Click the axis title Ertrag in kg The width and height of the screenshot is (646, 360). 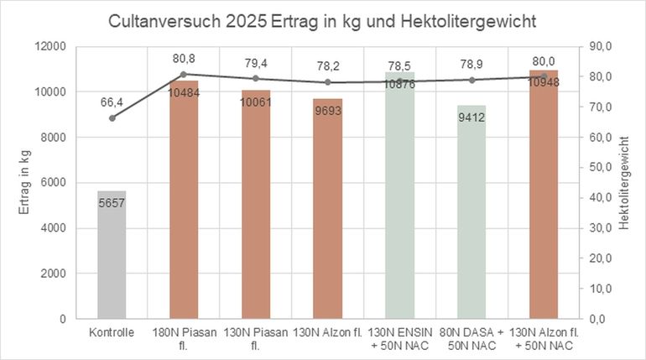pos(25,182)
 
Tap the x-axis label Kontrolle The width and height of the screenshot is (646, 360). pos(112,333)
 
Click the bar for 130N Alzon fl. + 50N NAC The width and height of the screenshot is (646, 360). pos(543,210)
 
